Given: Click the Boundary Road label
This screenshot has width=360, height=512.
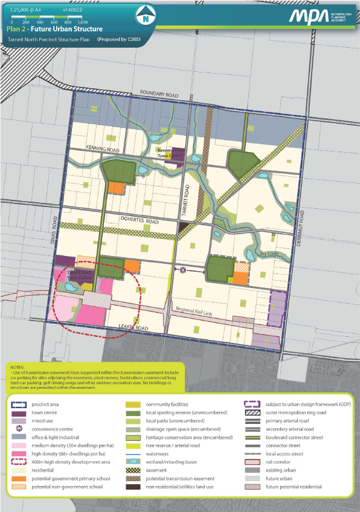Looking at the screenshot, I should [x=160, y=93].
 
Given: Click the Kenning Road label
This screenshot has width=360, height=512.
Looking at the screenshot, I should [x=86, y=149].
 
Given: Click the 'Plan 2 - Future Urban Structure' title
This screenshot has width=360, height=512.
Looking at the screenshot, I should [x=55, y=28].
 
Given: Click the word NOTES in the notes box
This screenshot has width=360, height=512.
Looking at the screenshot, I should [x=18, y=366].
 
